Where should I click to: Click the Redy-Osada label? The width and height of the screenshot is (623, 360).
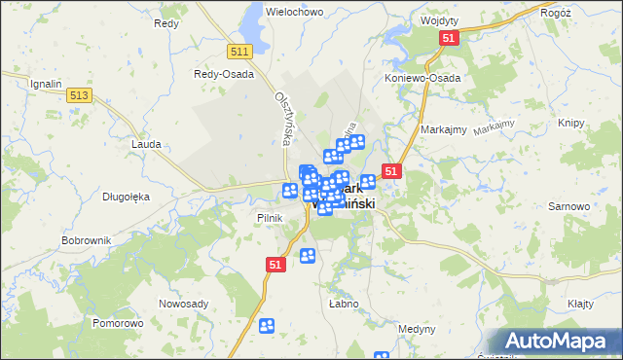coord(224,74)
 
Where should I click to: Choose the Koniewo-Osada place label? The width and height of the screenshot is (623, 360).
coord(421,78)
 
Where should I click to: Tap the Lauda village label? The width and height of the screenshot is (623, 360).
coord(145,143)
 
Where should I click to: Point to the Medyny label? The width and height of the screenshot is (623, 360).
coord(417,328)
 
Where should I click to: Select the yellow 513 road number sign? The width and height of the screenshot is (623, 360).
coord(80,94)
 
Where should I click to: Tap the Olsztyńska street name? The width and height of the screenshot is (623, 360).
coord(283,120)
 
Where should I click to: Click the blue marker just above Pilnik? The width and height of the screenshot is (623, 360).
coord(290,191)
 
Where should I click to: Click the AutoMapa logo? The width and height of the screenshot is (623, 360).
coord(559,341)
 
